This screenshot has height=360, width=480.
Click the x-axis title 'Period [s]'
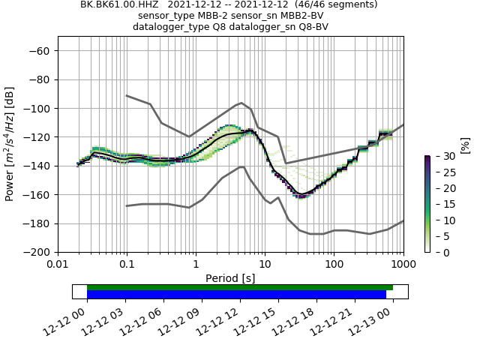(230, 278)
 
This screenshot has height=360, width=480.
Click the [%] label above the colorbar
(465, 145)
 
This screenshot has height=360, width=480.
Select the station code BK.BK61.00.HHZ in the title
(124, 4)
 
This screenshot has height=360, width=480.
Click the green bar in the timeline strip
(240, 287)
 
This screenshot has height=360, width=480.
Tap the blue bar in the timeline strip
(236, 294)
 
